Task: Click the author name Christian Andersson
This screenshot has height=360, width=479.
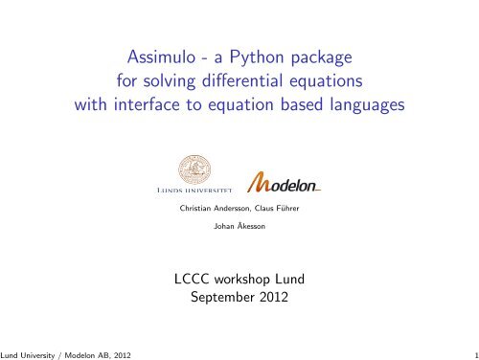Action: point(213,209)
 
